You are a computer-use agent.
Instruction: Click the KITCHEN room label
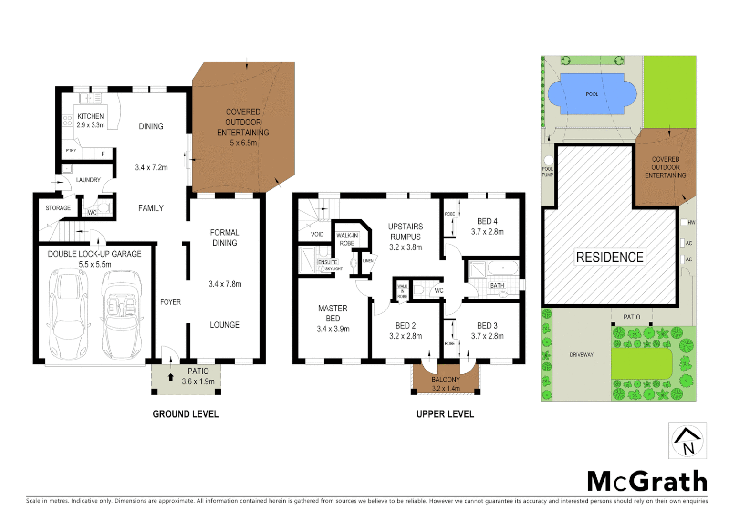pyautogui.click(x=90, y=116)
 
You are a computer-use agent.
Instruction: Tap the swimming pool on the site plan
pyautogui.click(x=592, y=94)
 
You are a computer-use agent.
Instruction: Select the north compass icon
pyautogui.click(x=687, y=441)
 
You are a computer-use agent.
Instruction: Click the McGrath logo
pyautogui.click(x=646, y=481)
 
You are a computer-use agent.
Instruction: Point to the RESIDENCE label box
pyautogui.click(x=610, y=257)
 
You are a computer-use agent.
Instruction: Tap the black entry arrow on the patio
pyautogui.click(x=171, y=377)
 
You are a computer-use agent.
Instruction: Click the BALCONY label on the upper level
pyautogui.click(x=446, y=380)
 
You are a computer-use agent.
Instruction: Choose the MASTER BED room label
pyautogui.click(x=333, y=313)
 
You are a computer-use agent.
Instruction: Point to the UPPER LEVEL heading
pyautogui.click(x=445, y=414)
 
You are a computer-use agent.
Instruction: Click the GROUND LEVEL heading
pyautogui.click(x=186, y=414)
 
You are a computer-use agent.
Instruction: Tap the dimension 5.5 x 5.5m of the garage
pyautogui.click(x=95, y=264)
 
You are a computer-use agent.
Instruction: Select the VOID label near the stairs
pyautogui.click(x=317, y=234)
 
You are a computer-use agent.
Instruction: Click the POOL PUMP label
pyautogui.click(x=547, y=172)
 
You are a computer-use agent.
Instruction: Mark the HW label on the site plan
pyautogui.click(x=691, y=223)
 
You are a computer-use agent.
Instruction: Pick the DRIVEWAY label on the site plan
pyautogui.click(x=582, y=355)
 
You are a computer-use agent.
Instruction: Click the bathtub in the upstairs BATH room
pyautogui.click(x=502, y=268)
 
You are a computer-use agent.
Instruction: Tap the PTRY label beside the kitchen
pyautogui.click(x=71, y=151)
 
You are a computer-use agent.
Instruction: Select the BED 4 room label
pyautogui.click(x=487, y=221)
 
